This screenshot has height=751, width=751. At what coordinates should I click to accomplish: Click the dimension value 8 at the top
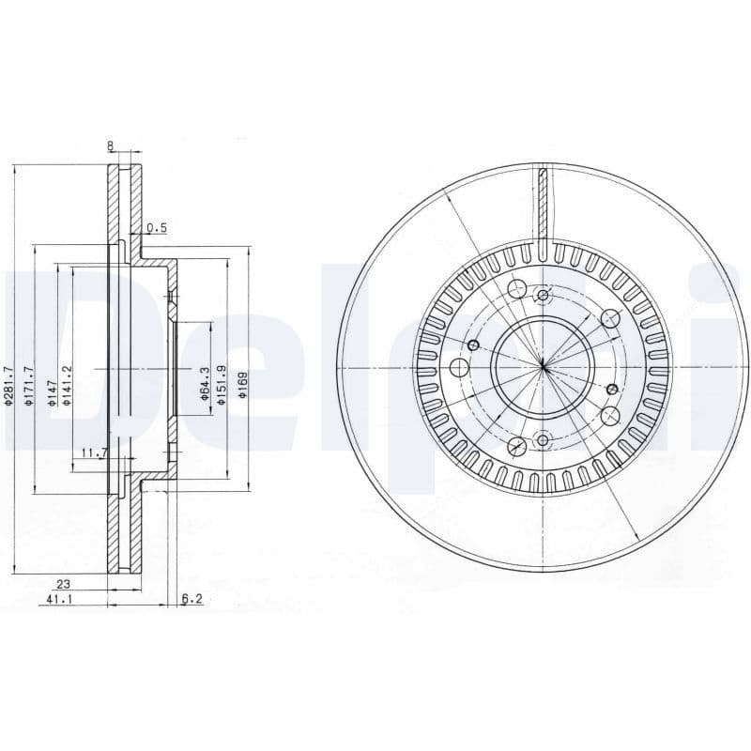click(111, 146)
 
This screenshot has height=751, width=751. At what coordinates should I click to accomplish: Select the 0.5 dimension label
click(157, 228)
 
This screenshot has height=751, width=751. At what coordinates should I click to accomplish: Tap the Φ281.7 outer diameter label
click(8, 386)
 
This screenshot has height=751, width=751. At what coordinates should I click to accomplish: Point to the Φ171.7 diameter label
click(30, 386)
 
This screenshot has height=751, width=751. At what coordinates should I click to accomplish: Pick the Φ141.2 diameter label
click(67, 386)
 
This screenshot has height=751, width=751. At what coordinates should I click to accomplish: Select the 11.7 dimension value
click(94, 453)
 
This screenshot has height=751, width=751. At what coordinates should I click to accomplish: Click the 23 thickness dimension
click(65, 583)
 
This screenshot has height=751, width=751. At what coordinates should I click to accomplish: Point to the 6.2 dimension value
click(192, 598)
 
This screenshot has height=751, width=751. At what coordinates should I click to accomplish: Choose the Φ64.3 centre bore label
click(204, 385)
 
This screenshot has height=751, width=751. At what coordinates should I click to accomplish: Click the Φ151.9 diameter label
click(222, 385)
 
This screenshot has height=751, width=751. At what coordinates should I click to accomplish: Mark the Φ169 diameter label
click(242, 386)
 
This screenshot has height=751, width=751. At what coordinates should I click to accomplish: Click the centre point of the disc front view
click(544, 367)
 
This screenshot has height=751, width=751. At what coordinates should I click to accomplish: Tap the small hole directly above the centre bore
click(542, 297)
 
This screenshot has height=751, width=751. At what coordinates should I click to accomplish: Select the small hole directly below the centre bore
click(543, 437)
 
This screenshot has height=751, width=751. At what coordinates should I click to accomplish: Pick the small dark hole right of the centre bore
click(612, 389)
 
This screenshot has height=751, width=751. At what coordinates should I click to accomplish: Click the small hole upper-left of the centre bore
click(473, 345)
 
